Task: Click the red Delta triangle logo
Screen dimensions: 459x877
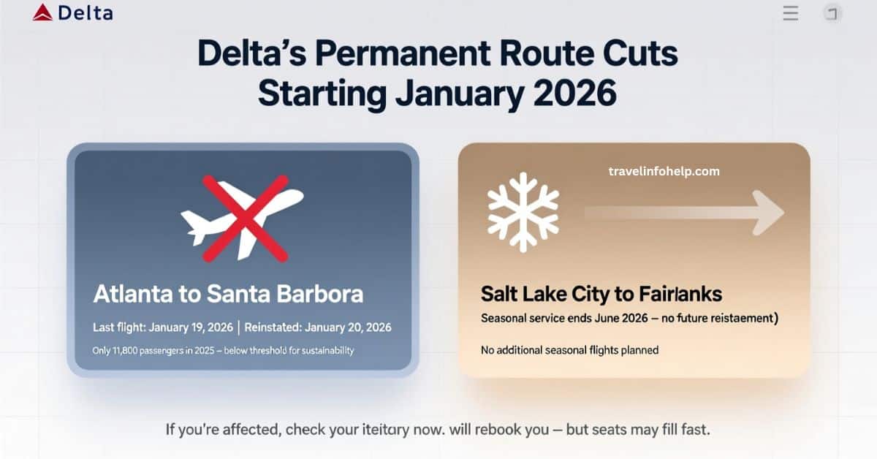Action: pyautogui.click(x=42, y=12)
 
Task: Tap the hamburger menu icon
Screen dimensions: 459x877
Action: pyautogui.click(x=791, y=13)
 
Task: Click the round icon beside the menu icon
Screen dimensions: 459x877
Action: pyautogui.click(x=832, y=13)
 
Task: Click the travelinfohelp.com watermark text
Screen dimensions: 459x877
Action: pyautogui.click(x=664, y=171)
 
